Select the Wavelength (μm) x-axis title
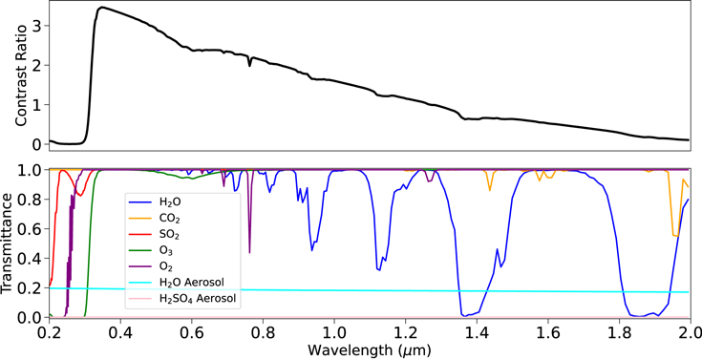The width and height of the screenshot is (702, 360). pyautogui.click(x=368, y=349)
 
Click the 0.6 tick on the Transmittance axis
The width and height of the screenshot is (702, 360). pyautogui.click(x=31, y=229)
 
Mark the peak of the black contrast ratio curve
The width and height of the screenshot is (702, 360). pyautogui.click(x=100, y=8)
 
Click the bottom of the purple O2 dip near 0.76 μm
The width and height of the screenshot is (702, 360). pyautogui.click(x=249, y=252)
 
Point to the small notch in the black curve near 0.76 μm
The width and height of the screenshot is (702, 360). pyautogui.click(x=249, y=65)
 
